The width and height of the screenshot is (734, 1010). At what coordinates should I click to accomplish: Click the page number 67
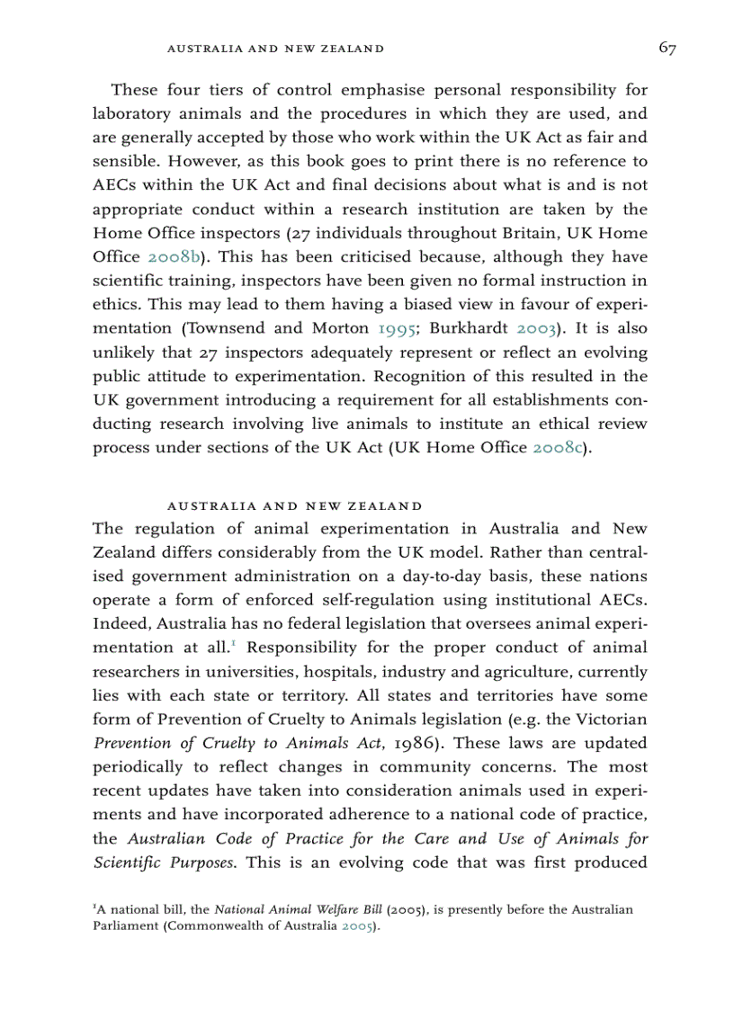click(667, 49)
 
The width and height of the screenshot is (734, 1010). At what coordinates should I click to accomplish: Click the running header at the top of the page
click(276, 49)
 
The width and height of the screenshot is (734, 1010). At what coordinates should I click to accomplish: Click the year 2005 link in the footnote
click(355, 926)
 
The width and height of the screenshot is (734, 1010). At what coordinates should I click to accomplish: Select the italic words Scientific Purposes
click(165, 863)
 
